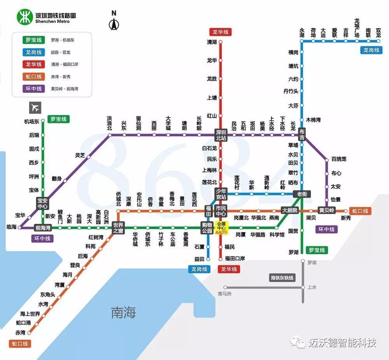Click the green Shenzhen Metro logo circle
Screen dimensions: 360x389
[x=25, y=17]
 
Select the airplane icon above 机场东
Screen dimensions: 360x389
[x=35, y=107]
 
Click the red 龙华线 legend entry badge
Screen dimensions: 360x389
[x=33, y=64]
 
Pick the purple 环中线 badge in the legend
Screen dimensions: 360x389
[x=33, y=89]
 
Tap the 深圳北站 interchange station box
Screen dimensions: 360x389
[x=221, y=135]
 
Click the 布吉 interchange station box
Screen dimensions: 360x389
[x=302, y=135]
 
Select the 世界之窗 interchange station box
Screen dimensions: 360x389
[x=118, y=227]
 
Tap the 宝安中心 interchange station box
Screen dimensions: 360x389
[x=42, y=203]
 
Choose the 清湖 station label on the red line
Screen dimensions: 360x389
[x=212, y=42]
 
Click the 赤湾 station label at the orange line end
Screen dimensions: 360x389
[x=20, y=333]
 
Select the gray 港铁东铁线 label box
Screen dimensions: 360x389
[x=282, y=278]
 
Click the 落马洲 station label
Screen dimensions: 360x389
[x=224, y=293]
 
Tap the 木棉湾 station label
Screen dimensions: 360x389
[x=313, y=120]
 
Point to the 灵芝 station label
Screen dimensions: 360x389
[x=80, y=155]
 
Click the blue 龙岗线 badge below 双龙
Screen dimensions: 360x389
[x=371, y=50]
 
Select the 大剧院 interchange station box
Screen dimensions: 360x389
[x=289, y=210]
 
